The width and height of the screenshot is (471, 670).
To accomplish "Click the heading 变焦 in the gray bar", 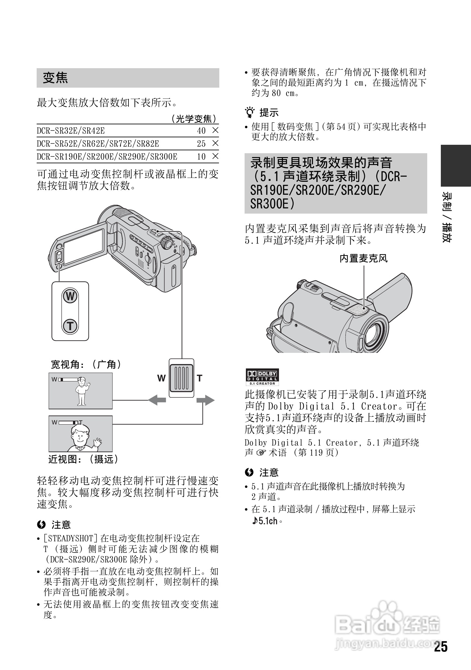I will pos(55,78).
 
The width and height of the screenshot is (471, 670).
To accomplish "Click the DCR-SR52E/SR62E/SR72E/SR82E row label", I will pos(98,144).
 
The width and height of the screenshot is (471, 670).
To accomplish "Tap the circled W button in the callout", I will pos(70,296).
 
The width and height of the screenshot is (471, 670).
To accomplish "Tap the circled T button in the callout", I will pos(70,326).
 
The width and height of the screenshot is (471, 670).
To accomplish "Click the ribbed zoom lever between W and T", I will pos(182,378).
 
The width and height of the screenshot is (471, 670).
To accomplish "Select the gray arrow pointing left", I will pos(157,400).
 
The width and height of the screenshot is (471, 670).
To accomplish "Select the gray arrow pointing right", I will pos(205,400).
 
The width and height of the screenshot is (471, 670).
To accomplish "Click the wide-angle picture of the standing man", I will pos(80,391).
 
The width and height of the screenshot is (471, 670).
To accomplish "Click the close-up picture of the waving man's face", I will pos(80,434).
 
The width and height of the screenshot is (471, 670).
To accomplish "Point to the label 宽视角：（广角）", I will pos(86,365).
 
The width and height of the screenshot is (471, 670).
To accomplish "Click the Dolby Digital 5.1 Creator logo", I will pos(262,377).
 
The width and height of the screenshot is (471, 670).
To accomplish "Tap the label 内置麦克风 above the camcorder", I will pos(363,258).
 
